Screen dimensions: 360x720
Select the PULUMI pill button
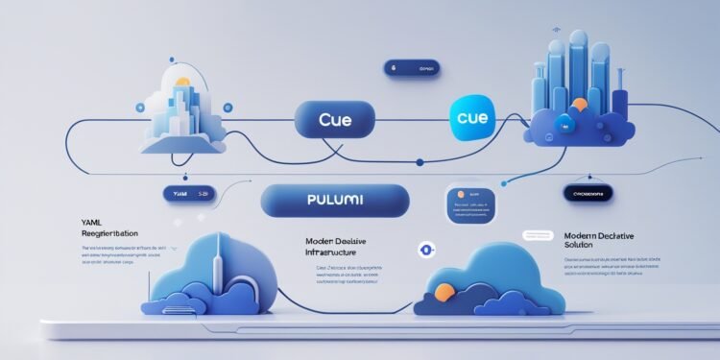point(335,204)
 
